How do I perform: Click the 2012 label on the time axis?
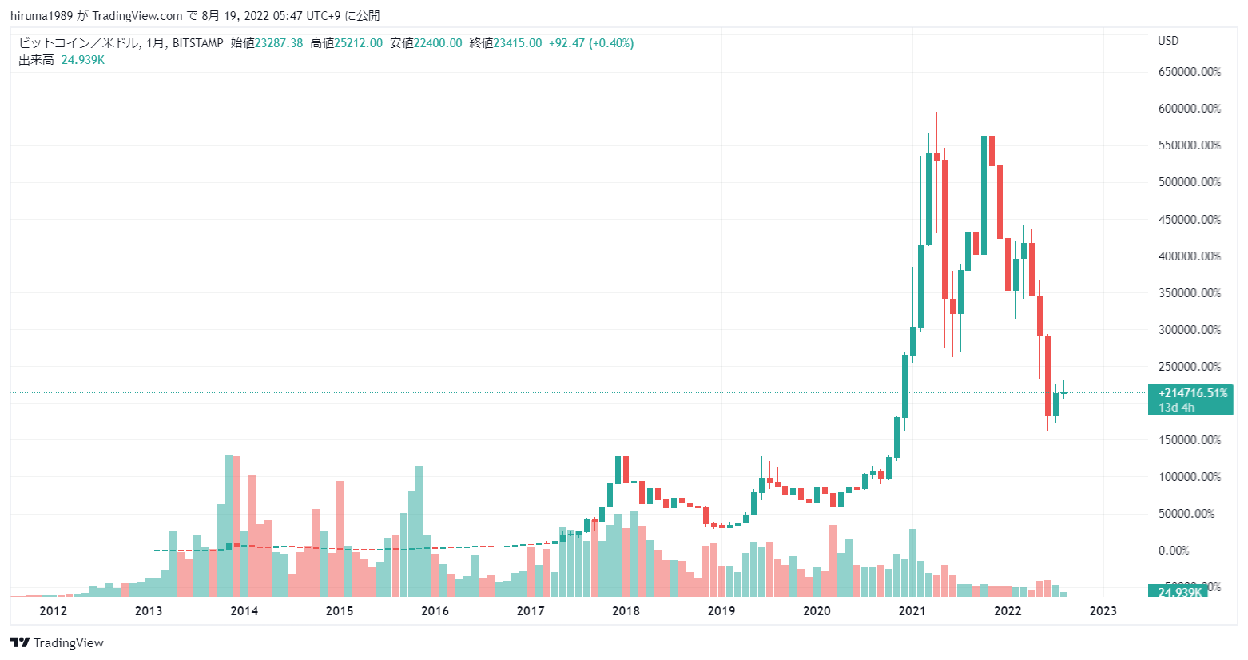point(53,611)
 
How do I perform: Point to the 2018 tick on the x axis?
point(626,611)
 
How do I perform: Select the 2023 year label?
point(1103,611)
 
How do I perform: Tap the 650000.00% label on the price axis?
point(1189,72)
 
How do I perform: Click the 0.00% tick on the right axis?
point(1174,551)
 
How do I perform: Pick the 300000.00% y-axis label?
point(1189,330)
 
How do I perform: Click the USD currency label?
point(1168,41)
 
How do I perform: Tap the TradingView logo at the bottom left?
point(58,643)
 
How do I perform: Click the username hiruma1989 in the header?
point(41,16)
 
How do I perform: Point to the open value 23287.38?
point(279,43)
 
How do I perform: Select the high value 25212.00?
point(358,43)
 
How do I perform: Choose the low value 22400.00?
point(438,43)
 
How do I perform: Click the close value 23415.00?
point(517,43)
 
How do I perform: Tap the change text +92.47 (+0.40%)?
point(591,43)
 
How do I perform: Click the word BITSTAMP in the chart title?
point(198,43)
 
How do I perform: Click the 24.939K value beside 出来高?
point(83,60)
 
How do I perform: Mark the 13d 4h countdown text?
point(1177,408)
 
